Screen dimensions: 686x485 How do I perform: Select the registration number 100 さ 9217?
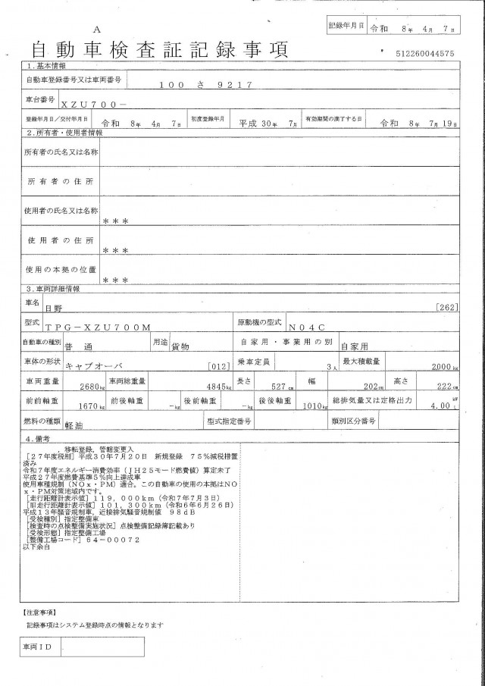point(205,86)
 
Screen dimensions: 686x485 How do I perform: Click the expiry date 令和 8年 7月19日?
point(415,121)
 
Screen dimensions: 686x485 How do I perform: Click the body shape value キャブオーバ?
point(95,365)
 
